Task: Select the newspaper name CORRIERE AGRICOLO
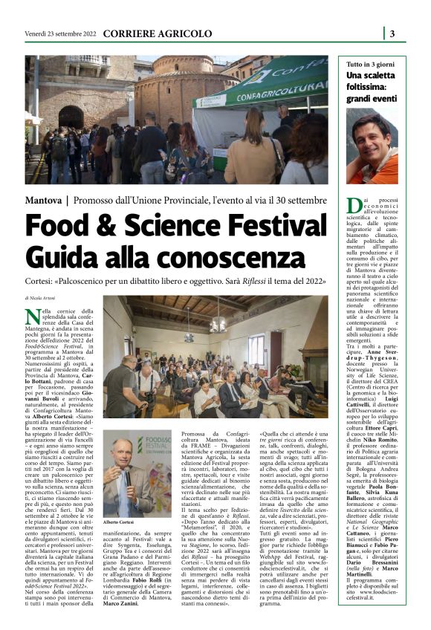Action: click(157, 33)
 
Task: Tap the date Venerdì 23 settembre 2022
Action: click(59, 33)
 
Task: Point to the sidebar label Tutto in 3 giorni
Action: click(376, 65)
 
